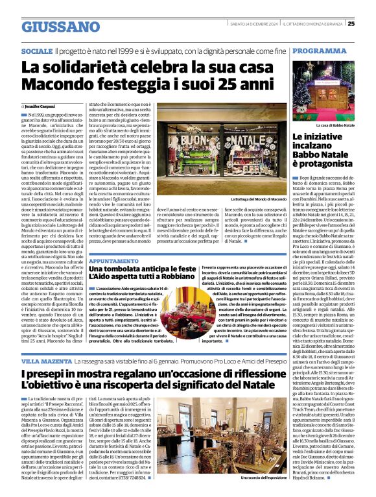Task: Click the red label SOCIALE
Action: pyautogui.click(x=37, y=51)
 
